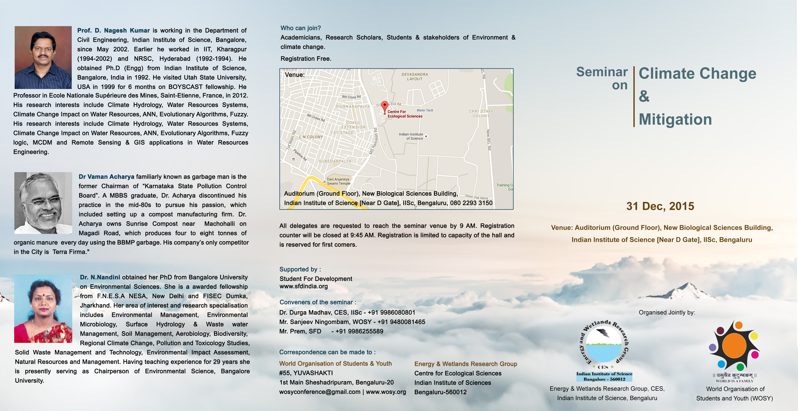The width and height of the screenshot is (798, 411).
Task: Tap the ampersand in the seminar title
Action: (644, 96)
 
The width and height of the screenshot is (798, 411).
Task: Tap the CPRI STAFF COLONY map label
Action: (481, 113)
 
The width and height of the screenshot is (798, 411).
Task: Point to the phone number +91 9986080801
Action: (391, 313)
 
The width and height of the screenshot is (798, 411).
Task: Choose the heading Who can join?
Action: (300, 28)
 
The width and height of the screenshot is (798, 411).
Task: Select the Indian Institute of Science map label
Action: (411, 136)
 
